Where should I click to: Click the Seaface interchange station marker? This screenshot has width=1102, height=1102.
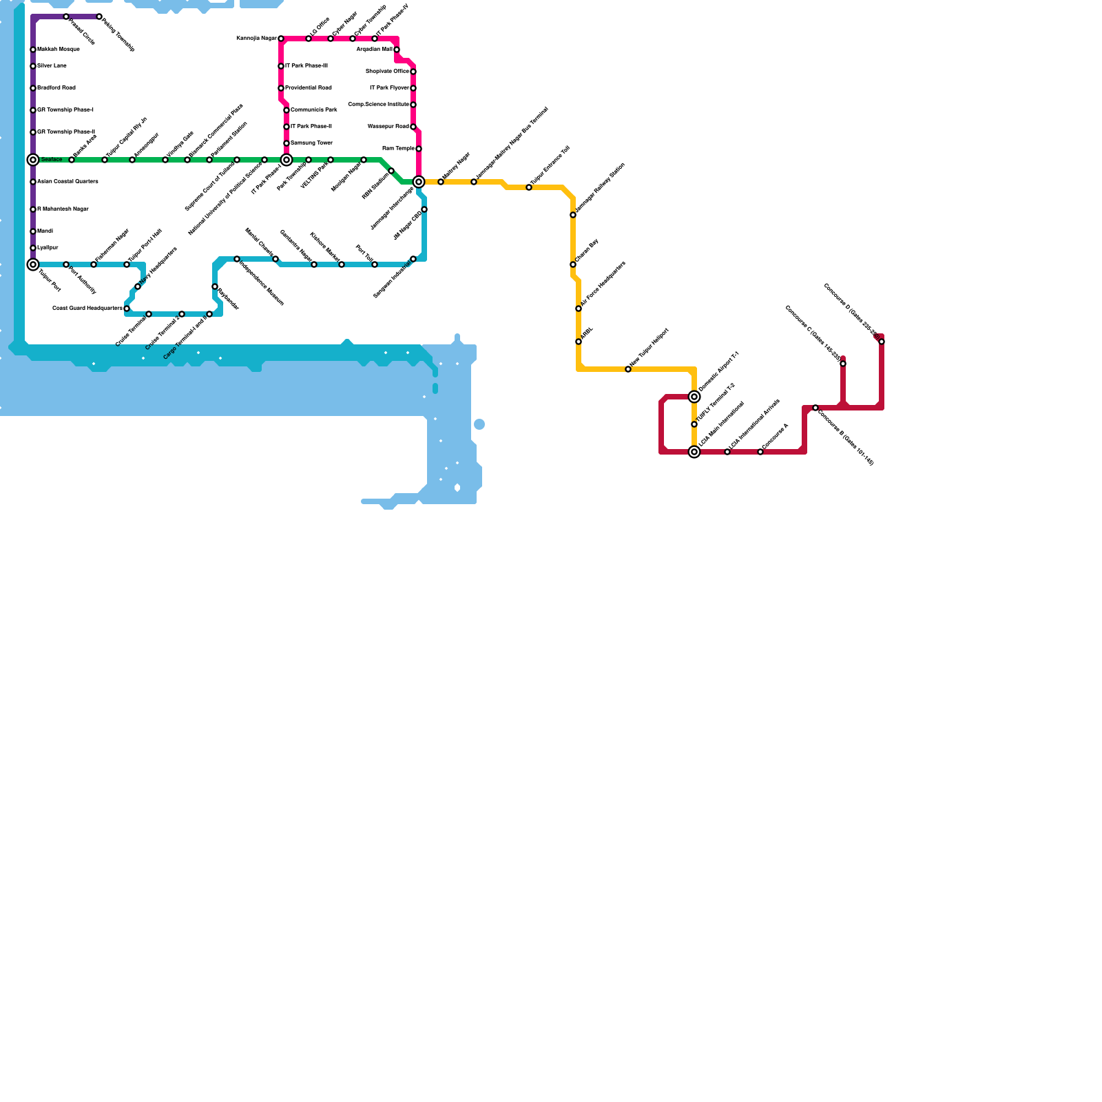(x=33, y=160)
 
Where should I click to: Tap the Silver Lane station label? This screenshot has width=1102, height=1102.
(x=52, y=66)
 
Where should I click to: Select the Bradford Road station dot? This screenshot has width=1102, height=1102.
(x=33, y=88)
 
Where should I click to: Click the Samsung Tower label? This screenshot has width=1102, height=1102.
(x=311, y=143)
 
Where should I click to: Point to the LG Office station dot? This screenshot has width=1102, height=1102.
(x=309, y=39)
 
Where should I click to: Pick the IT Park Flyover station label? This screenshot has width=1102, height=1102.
(x=389, y=88)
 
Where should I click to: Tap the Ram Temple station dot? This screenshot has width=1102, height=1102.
(x=419, y=149)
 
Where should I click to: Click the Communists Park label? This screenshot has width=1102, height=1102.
(x=313, y=110)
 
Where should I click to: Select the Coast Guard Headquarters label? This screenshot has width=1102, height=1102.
(x=87, y=309)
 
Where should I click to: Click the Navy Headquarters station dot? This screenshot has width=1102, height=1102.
(x=138, y=287)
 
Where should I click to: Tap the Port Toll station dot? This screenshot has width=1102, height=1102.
(x=375, y=264)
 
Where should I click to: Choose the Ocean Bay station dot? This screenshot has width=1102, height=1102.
(x=573, y=264)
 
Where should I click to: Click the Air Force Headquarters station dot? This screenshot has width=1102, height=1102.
(x=579, y=309)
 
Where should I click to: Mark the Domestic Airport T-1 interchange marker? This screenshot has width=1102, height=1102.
(x=694, y=397)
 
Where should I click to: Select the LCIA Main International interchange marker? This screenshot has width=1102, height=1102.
(x=694, y=452)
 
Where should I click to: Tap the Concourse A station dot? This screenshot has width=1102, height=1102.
(x=760, y=452)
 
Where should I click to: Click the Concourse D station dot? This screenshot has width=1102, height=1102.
(x=882, y=342)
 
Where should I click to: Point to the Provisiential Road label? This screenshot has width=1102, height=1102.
(x=308, y=88)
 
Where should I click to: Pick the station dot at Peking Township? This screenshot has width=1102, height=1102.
(x=99, y=17)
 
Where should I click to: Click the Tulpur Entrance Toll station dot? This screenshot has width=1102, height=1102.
(x=529, y=187)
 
